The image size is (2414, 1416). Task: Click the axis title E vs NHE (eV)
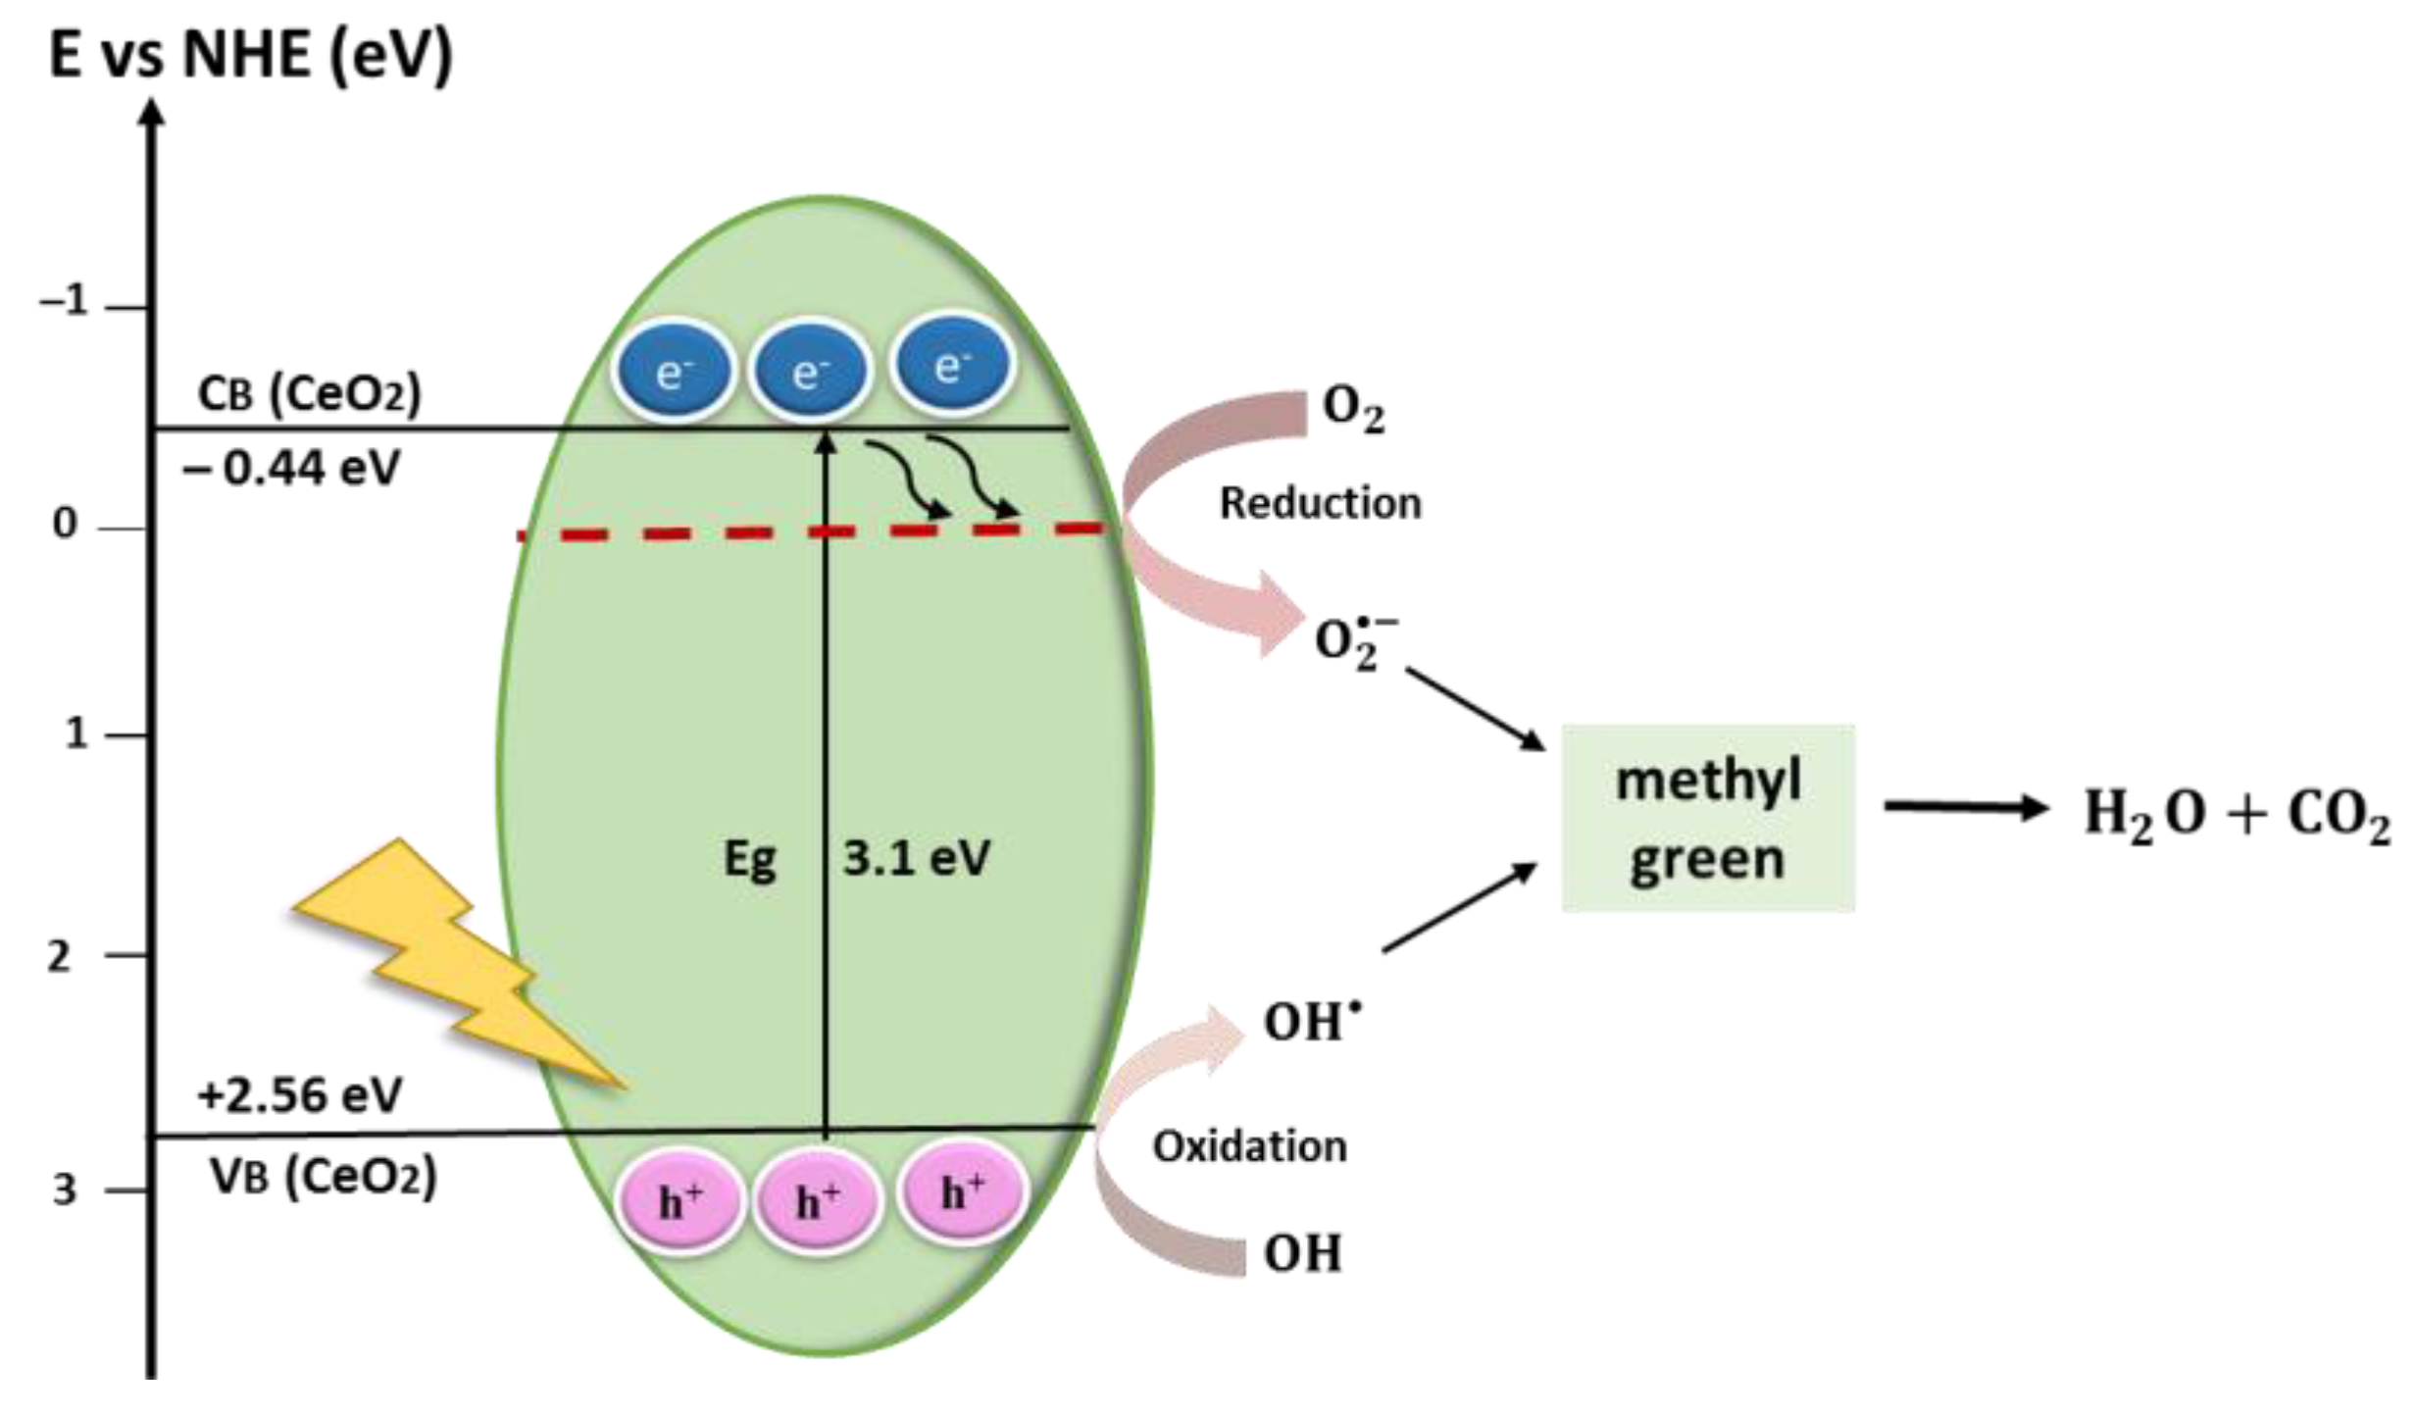[251, 56]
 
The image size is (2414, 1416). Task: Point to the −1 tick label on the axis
[65, 302]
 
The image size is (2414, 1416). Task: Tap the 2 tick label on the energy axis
[61, 957]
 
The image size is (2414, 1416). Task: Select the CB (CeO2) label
[310, 394]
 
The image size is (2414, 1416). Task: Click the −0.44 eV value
[291, 469]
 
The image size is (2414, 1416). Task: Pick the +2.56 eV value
[299, 1094]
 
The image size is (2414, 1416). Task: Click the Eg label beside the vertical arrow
[750, 861]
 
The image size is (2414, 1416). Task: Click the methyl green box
[1708, 819]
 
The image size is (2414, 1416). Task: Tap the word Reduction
[1320, 503]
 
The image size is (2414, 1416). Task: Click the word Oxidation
[1249, 1146]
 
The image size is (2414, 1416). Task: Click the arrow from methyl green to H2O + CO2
[1965, 808]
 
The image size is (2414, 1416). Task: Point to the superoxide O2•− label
[1353, 642]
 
